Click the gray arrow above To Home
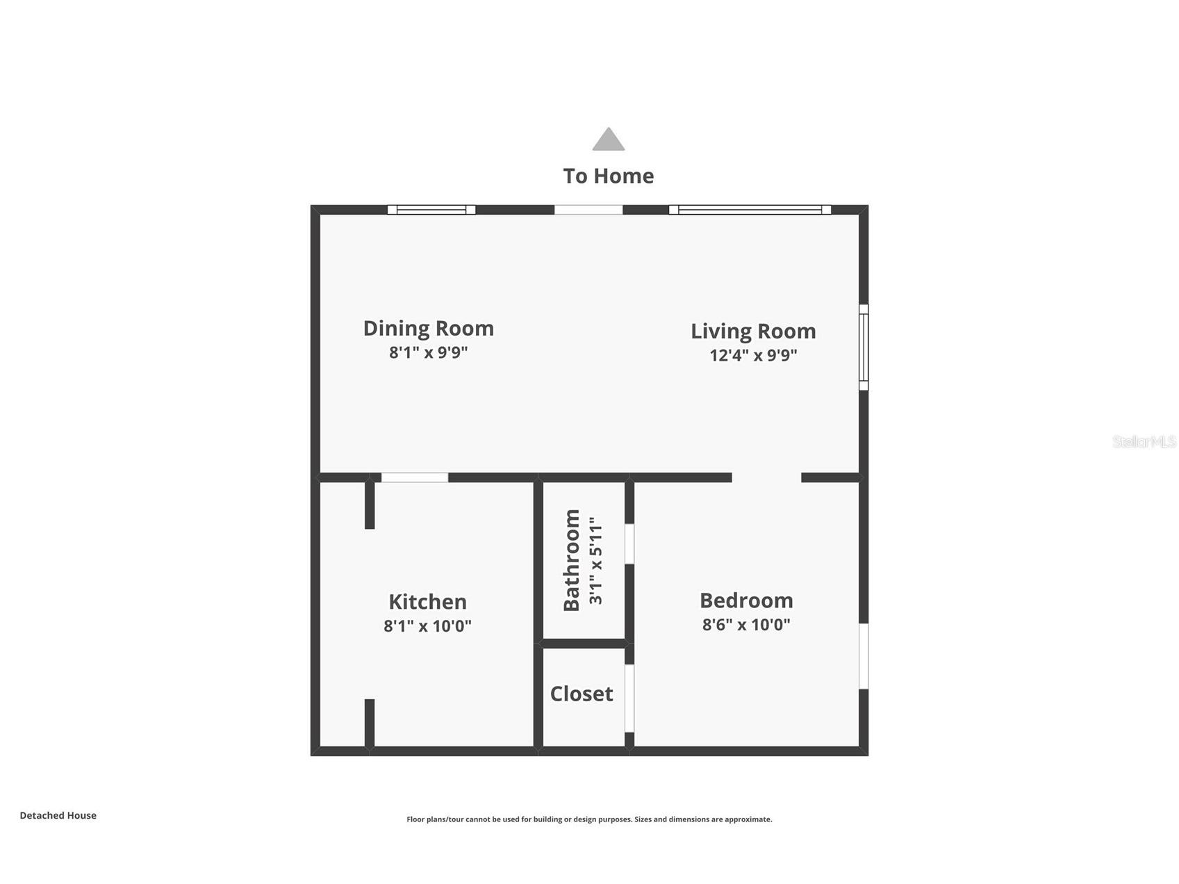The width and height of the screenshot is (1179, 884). [x=608, y=140]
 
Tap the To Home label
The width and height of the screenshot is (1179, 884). [x=608, y=176]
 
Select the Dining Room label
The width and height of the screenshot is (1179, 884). [x=428, y=328]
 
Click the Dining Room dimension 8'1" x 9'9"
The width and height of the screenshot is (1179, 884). [x=428, y=352]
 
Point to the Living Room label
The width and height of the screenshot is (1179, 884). [x=753, y=331]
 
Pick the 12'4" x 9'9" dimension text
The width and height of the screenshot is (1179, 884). [x=753, y=355]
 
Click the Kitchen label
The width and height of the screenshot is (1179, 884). [x=427, y=601]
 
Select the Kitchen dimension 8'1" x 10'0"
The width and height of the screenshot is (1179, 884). [x=427, y=625]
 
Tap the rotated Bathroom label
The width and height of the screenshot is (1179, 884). [x=572, y=560]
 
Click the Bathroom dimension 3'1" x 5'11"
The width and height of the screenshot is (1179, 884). [x=596, y=560]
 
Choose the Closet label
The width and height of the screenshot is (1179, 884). [x=582, y=694]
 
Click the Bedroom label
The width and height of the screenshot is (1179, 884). [x=746, y=600]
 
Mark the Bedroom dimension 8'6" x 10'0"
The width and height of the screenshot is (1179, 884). [x=746, y=624]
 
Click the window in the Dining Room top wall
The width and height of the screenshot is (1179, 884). [x=431, y=209]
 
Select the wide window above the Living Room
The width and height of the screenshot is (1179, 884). [x=750, y=209]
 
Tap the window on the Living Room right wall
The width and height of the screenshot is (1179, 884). [x=864, y=347]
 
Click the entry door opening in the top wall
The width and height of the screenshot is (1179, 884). [x=588, y=209]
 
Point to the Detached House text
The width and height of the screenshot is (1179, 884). [x=58, y=815]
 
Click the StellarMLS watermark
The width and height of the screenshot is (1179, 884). [x=1144, y=441]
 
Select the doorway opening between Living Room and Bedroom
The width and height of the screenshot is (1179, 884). [x=766, y=477]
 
